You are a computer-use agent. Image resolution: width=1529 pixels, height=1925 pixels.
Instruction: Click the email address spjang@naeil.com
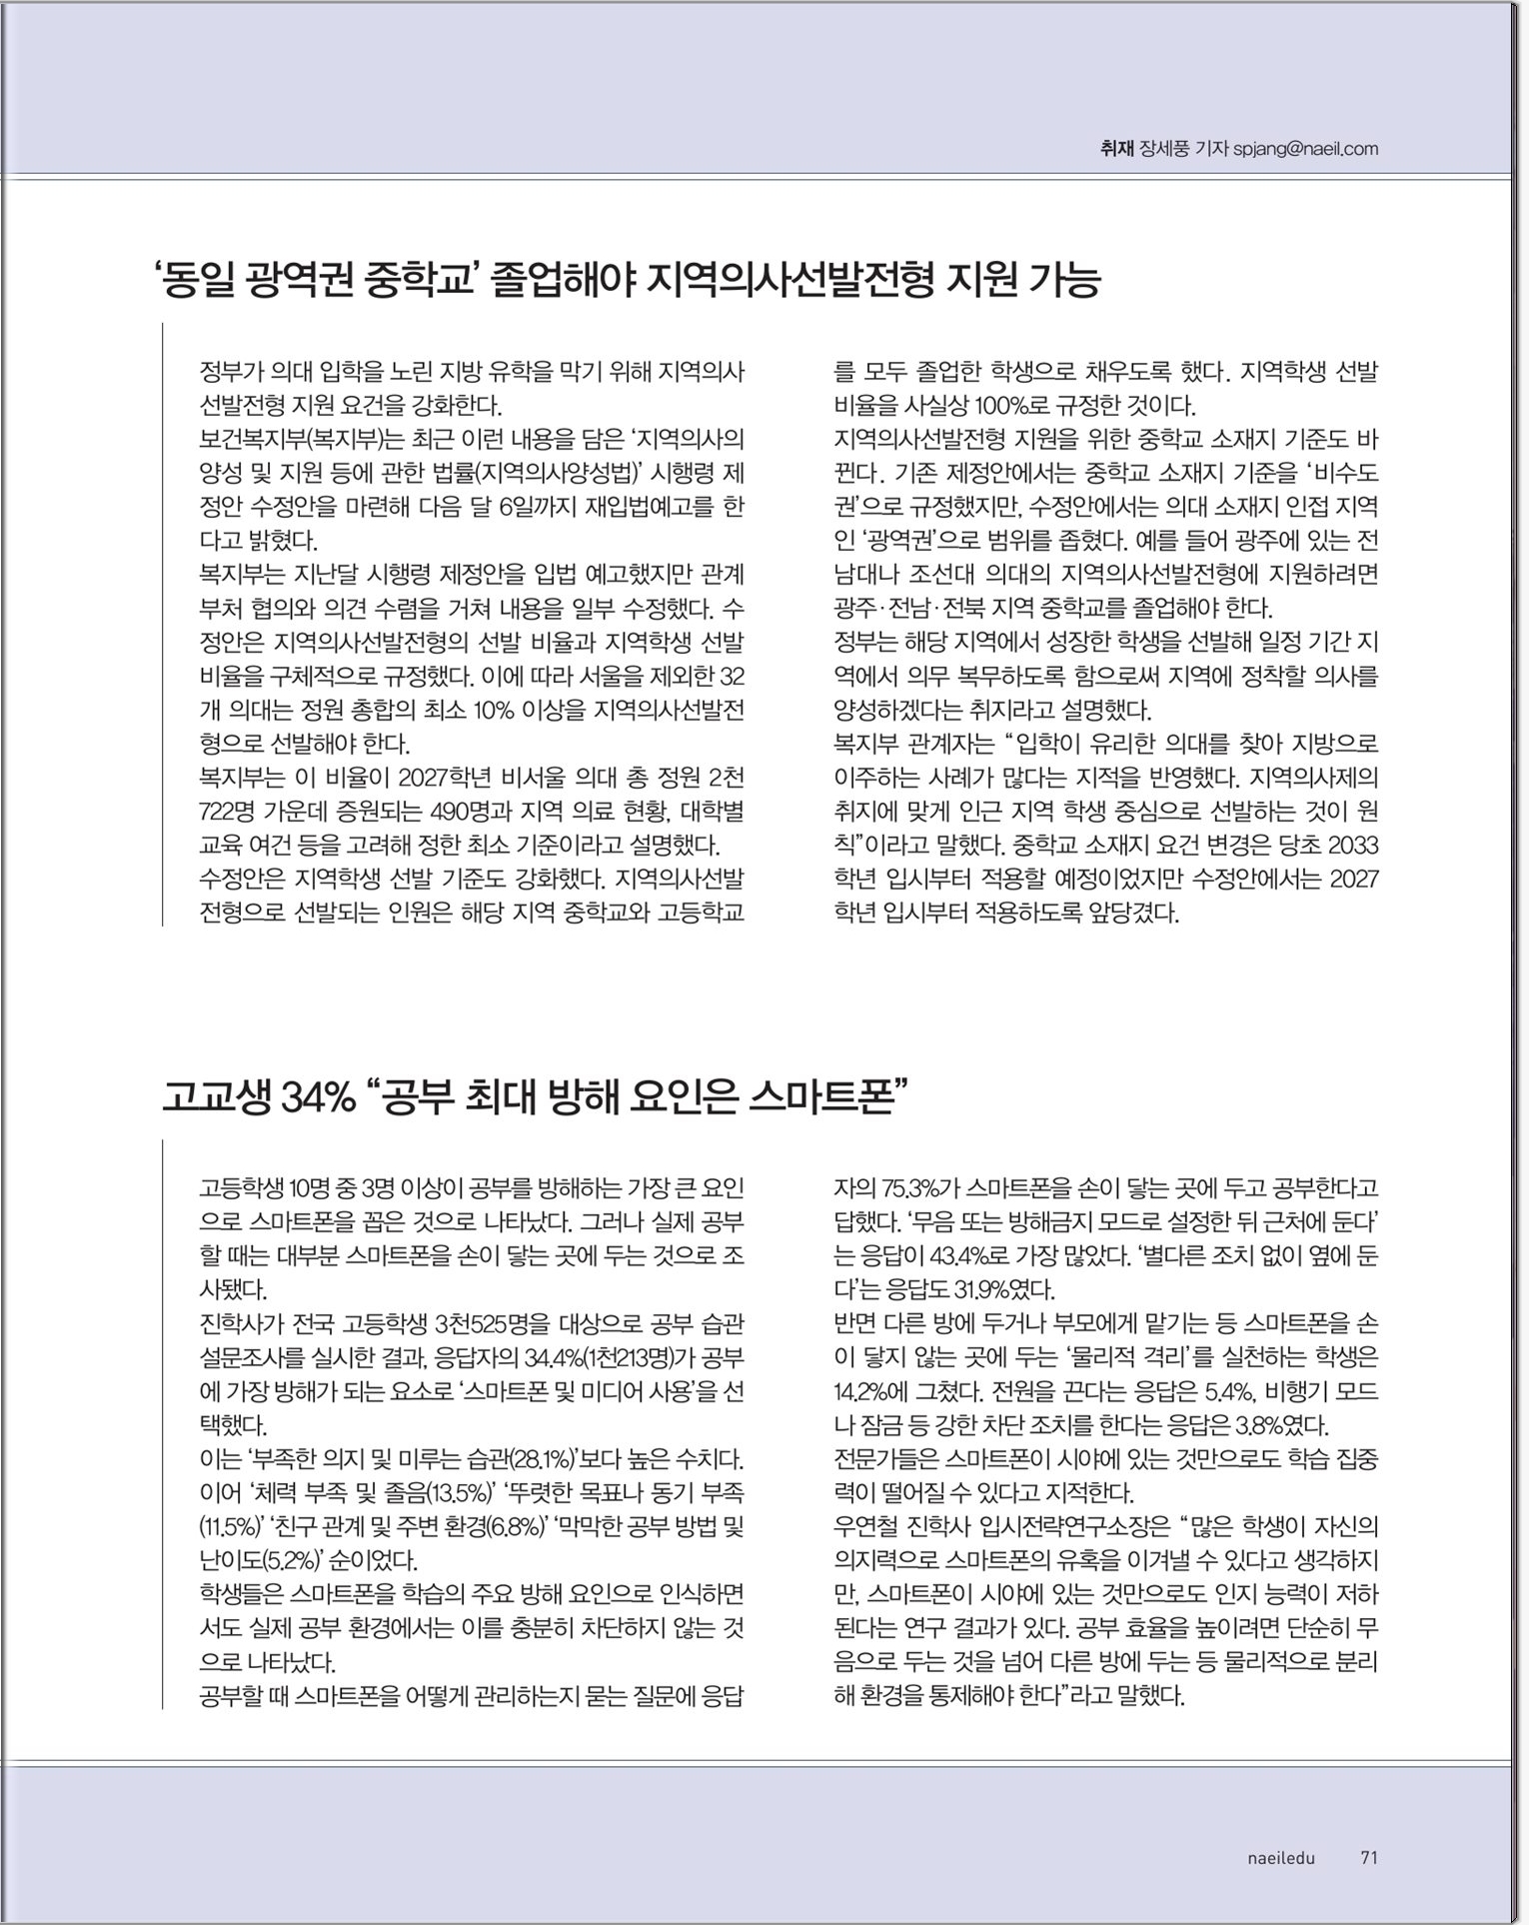pos(1305,150)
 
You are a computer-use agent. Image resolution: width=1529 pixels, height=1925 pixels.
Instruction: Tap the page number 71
pos(1369,1858)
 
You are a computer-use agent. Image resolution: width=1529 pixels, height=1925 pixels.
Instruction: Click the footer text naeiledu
pos(1281,1858)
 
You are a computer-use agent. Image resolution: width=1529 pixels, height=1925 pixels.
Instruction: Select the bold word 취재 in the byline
pos(1116,150)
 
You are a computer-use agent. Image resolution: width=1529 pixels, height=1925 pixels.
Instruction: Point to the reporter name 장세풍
pos(1164,150)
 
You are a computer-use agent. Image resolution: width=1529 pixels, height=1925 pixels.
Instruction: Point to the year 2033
pos(1353,846)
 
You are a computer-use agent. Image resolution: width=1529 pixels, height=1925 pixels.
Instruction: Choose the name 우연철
pos(868,1526)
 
